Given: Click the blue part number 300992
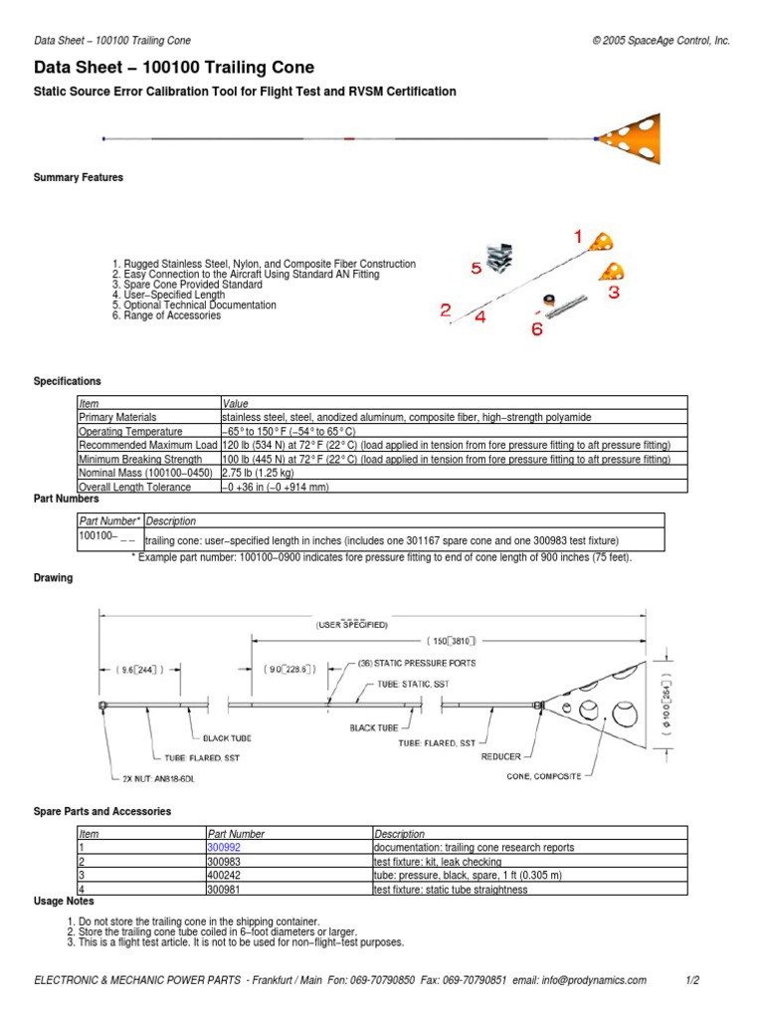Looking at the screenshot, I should [223, 848].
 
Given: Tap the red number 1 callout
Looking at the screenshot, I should [577, 237].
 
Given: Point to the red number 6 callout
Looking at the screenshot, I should [536, 329].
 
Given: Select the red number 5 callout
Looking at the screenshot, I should [477, 268].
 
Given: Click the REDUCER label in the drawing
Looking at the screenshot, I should [501, 756].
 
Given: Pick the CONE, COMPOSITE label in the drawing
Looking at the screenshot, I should [544, 775].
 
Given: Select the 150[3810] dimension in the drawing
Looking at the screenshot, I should [459, 641].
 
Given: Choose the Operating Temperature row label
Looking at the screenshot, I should [129, 432].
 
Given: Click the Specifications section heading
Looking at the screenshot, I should [68, 381].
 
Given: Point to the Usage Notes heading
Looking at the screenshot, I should [64, 901].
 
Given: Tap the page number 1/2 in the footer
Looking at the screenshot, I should [693, 981].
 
